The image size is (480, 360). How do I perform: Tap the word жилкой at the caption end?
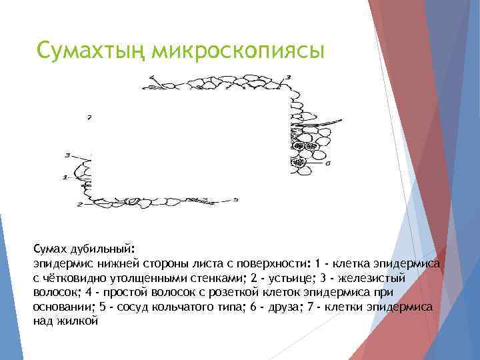(81, 321)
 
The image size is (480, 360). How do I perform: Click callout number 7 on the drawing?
(89, 118)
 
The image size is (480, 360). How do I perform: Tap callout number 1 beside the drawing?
(65, 177)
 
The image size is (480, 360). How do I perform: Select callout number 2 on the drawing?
(79, 204)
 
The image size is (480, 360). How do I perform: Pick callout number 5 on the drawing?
(235, 199)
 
